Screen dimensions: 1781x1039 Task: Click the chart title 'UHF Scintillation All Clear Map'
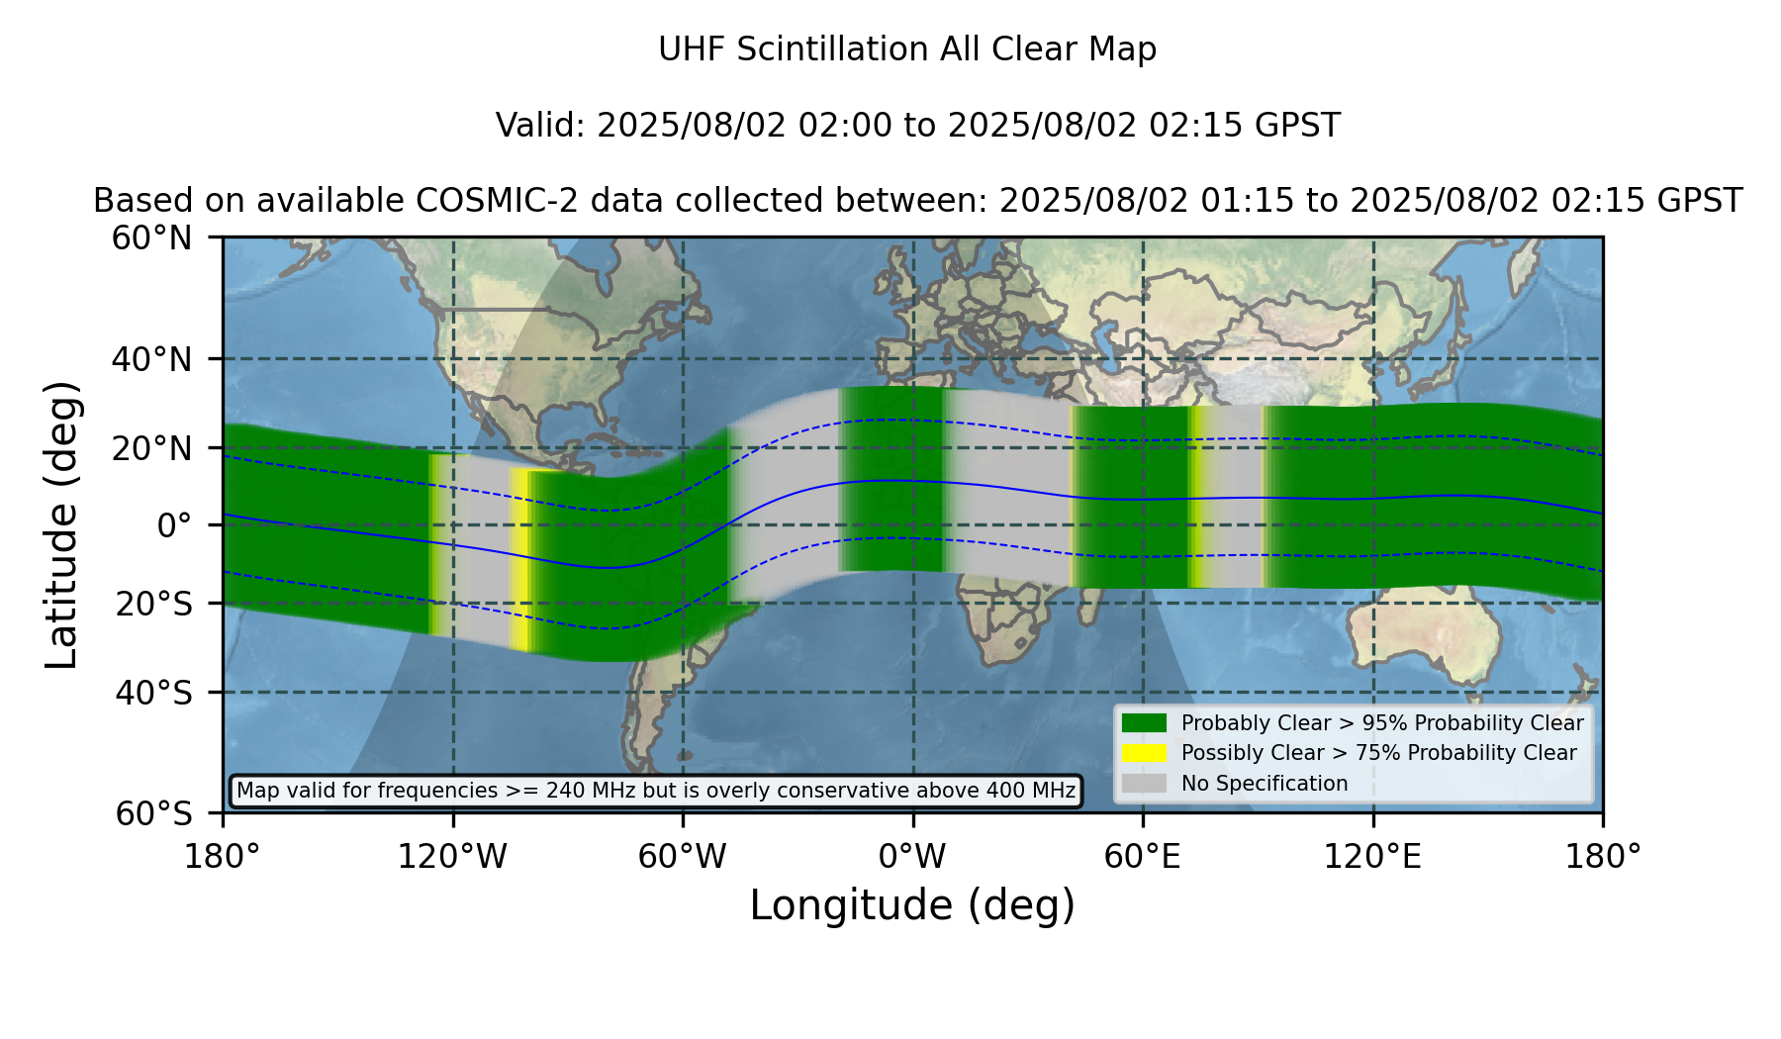coord(907,49)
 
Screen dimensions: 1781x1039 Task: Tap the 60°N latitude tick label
coord(152,237)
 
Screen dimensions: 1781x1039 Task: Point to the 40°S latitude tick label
coord(153,693)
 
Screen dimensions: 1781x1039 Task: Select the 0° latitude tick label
coord(175,525)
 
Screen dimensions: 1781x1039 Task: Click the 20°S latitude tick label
coord(153,604)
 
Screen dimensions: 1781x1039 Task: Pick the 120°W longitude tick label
coord(452,857)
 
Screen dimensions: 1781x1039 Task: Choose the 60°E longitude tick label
coord(1143,857)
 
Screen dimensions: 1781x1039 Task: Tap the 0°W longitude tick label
coord(913,857)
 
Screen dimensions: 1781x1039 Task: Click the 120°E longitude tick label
coord(1373,857)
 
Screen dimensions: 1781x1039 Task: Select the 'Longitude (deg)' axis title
coord(912,905)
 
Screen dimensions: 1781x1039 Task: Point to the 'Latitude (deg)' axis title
coord(61,524)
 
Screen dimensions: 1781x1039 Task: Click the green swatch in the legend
coord(1145,723)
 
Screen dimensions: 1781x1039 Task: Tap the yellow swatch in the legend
coord(1145,753)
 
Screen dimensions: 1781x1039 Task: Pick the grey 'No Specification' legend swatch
coord(1145,784)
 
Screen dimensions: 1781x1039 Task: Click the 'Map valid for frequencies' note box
coord(656,791)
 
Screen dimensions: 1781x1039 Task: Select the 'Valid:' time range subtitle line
coord(918,126)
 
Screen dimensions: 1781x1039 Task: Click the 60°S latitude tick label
coord(153,813)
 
